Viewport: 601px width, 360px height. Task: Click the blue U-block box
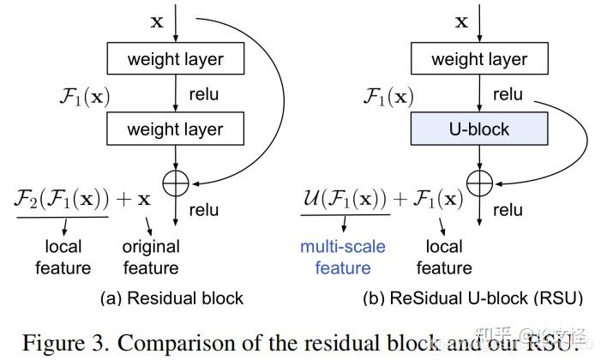(478, 129)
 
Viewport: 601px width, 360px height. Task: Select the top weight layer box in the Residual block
(175, 59)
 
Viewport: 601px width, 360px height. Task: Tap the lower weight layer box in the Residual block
(175, 129)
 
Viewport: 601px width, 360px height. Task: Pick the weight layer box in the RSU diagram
(478, 59)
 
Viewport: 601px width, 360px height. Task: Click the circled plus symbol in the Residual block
(175, 181)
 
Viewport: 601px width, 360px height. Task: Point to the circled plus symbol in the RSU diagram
(478, 181)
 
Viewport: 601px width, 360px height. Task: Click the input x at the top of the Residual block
(157, 21)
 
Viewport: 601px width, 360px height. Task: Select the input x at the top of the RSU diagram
(461, 21)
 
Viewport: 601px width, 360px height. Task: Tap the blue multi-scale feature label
(342, 257)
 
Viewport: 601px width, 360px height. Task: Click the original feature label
(151, 257)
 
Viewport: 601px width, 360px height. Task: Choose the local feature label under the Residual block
(63, 257)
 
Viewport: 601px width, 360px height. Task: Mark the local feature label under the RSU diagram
(444, 257)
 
